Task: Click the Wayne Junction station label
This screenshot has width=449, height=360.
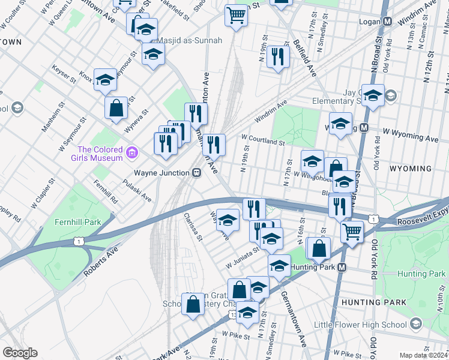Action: tap(161, 172)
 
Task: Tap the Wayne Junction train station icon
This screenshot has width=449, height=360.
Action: tap(196, 172)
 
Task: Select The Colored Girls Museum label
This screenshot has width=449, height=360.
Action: tap(100, 154)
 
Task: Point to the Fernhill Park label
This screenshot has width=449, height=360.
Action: tap(74, 221)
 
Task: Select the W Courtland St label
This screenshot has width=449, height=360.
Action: tap(262, 140)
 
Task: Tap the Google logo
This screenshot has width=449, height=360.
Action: tap(20, 353)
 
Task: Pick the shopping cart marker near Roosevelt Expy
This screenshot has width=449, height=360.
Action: tap(352, 231)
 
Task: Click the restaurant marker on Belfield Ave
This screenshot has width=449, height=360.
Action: tap(277, 57)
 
